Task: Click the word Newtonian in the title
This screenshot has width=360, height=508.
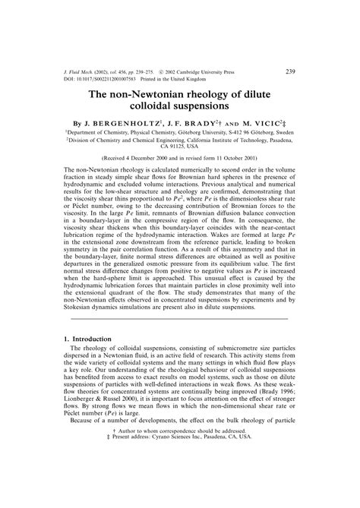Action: click(x=171, y=96)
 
